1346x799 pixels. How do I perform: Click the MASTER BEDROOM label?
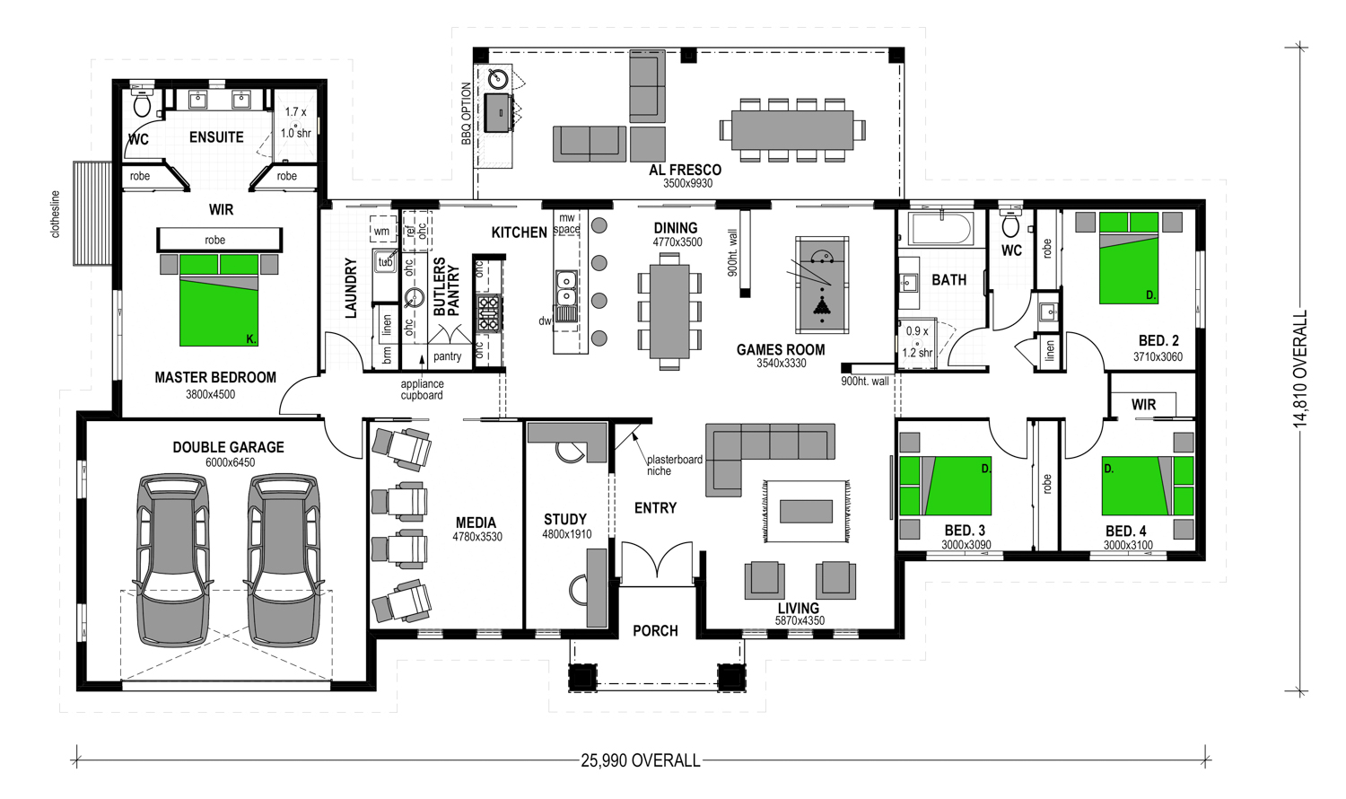pos(215,378)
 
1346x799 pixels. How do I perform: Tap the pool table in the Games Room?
pos(821,285)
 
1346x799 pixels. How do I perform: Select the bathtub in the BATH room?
pos(941,229)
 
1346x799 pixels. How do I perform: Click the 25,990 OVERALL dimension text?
pos(641,761)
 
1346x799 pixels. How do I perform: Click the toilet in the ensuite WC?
pos(142,103)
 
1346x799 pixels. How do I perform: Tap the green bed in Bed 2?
pos(1129,258)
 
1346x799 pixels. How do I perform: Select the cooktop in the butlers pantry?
pos(488,314)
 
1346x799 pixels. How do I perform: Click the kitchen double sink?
pos(565,289)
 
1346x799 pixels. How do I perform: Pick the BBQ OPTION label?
pos(467,114)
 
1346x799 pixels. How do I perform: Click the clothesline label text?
pos(56,215)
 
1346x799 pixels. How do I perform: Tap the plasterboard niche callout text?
pos(674,465)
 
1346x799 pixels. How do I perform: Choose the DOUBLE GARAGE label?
pos(228,447)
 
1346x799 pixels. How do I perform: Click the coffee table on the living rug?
pos(806,512)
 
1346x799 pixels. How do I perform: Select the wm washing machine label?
pos(381,232)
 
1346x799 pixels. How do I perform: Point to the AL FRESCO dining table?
pos(792,130)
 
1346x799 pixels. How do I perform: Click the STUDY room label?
pos(564,520)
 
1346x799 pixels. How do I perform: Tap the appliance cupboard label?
pos(422,390)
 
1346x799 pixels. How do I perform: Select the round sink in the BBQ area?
pos(497,78)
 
